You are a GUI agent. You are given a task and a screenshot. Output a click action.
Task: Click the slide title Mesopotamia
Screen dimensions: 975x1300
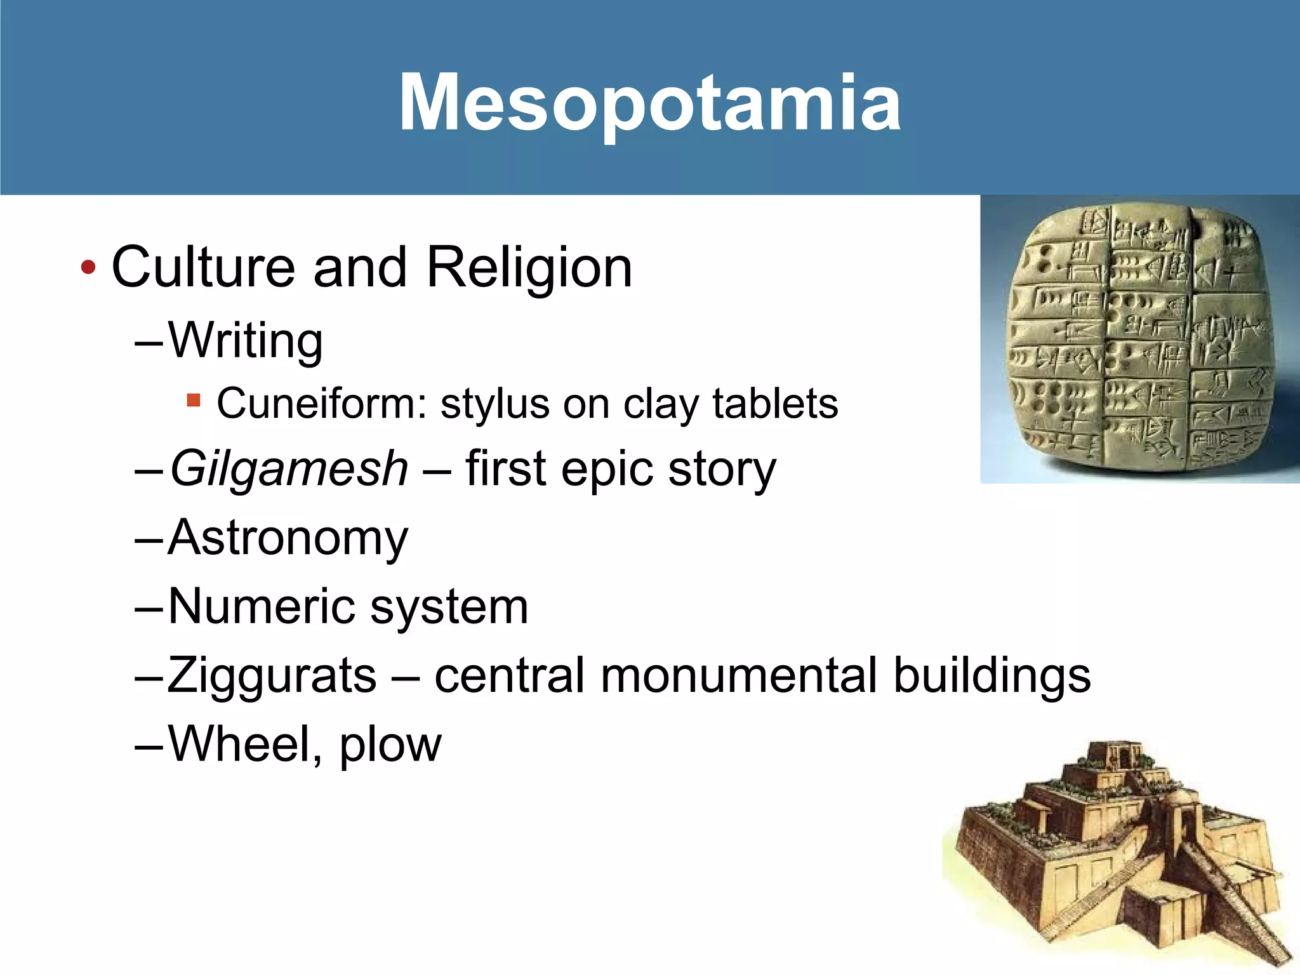(649, 103)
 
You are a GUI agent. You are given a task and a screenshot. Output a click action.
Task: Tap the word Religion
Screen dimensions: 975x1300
(529, 267)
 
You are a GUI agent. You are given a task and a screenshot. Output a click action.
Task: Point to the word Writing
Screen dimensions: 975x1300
(246, 341)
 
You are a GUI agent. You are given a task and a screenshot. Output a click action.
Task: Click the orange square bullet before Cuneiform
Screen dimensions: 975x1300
(194, 400)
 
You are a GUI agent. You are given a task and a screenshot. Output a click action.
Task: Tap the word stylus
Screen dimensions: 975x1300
(494, 404)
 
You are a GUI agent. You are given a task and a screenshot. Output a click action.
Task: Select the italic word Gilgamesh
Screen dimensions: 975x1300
(289, 469)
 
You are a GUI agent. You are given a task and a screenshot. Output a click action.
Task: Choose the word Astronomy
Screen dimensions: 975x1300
(288, 538)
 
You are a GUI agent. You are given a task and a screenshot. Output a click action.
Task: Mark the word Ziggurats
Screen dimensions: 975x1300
(272, 675)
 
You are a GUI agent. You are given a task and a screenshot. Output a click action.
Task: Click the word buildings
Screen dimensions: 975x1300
(992, 675)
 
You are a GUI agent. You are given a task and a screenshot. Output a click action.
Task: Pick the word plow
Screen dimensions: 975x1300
(390, 744)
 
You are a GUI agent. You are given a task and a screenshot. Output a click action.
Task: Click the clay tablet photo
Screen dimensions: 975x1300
(1139, 340)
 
